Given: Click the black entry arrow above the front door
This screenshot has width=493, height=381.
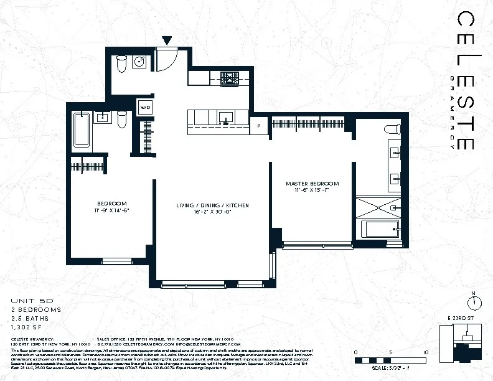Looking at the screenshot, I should pyautogui.click(x=166, y=41).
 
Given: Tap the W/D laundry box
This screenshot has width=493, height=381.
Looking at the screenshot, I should pyautogui.click(x=145, y=107).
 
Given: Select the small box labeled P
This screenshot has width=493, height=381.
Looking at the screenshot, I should pyautogui.click(x=258, y=126).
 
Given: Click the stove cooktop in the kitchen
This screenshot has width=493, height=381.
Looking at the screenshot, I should pyautogui.click(x=230, y=78).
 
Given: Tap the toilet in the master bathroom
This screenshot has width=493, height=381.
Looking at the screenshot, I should pyautogui.click(x=392, y=129).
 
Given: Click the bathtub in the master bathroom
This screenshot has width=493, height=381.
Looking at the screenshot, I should pyautogui.click(x=380, y=228).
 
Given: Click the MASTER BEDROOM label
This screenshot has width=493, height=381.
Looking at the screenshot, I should pyautogui.click(x=312, y=184).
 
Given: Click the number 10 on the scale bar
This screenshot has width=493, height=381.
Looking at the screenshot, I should pyautogui.click(x=425, y=352).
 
